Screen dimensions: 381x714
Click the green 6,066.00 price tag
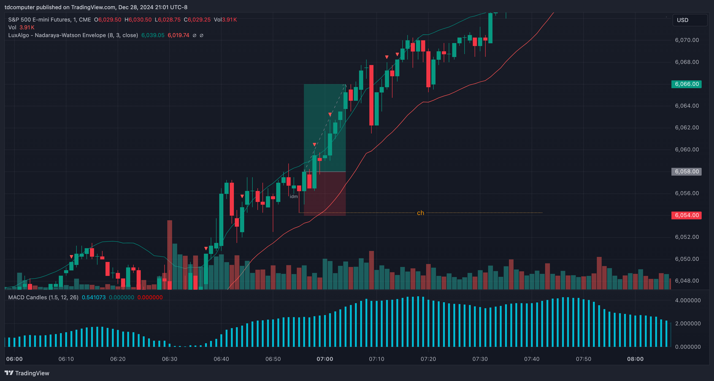[686, 84]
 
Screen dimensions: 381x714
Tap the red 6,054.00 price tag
[686, 215]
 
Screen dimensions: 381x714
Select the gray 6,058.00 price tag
[686, 171]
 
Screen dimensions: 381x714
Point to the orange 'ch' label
[420, 213]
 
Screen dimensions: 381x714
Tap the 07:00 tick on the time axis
[325, 359]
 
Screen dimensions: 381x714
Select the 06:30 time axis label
[170, 359]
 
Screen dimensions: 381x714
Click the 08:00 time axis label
[635, 359]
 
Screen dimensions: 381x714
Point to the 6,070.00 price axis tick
[687, 40]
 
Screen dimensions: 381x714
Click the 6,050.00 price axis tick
[687, 259]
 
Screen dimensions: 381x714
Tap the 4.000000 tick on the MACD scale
[688, 300]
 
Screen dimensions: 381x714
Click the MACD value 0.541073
[94, 297]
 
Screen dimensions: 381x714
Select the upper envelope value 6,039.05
[153, 35]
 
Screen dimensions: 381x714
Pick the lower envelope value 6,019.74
[178, 35]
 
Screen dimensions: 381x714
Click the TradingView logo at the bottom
[27, 373]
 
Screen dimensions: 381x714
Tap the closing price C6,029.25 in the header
[197, 20]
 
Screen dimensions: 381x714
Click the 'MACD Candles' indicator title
[28, 297]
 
